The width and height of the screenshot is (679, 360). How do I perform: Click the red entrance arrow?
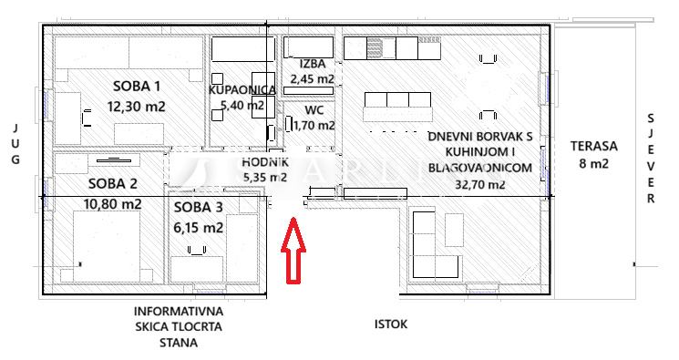(293, 251)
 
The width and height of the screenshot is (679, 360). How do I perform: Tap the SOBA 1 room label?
(137, 87)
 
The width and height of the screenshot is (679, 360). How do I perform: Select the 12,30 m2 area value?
(137, 106)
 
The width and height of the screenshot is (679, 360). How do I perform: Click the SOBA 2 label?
(113, 184)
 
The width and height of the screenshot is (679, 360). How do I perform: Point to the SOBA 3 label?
(199, 207)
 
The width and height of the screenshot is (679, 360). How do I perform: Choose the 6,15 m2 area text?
(199, 227)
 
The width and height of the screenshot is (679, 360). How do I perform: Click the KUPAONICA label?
(242, 89)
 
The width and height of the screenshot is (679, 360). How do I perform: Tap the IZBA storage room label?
(313, 64)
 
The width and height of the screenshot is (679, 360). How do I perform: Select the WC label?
(314, 110)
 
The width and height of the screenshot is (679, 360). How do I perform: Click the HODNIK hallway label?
(265, 162)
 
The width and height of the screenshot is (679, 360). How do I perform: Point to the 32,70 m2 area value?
(480, 184)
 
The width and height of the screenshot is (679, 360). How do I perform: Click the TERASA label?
(593, 146)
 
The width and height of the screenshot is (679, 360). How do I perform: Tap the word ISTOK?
(391, 324)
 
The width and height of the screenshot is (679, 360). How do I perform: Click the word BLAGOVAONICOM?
(480, 168)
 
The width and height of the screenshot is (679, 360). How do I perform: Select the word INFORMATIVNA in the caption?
(179, 311)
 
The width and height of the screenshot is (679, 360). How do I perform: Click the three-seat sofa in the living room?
(397, 107)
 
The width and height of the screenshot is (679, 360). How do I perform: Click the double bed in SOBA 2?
(107, 246)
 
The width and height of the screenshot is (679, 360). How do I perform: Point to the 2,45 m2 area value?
(313, 79)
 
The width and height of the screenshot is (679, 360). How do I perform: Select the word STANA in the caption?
(179, 343)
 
